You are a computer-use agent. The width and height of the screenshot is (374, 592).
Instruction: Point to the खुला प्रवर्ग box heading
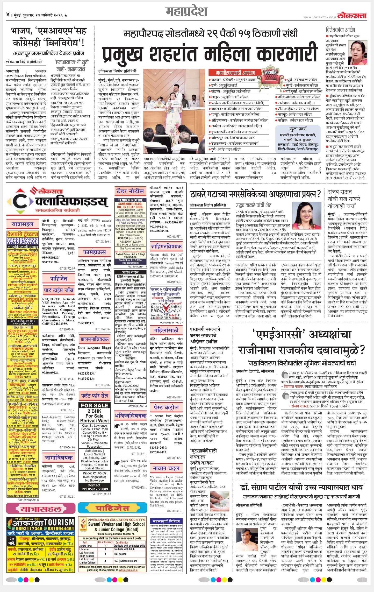click(298, 129)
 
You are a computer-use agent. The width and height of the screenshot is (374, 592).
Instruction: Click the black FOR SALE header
click(95, 405)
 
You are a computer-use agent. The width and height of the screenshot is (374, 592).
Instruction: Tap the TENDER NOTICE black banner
click(130, 200)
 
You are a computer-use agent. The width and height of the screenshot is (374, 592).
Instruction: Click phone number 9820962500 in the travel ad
click(23, 239)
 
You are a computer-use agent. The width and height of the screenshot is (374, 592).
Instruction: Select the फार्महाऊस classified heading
click(95, 252)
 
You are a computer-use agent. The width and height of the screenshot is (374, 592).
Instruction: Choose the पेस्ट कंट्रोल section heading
click(166, 407)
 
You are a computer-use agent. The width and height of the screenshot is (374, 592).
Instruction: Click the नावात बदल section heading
click(166, 468)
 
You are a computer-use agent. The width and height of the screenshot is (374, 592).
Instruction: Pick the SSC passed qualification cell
click(120, 554)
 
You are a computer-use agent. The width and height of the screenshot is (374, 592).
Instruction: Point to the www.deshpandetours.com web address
click(23, 496)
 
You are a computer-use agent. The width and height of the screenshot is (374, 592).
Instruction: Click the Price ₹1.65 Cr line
click(95, 473)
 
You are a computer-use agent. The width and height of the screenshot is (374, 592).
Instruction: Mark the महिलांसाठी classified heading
click(166, 330)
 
